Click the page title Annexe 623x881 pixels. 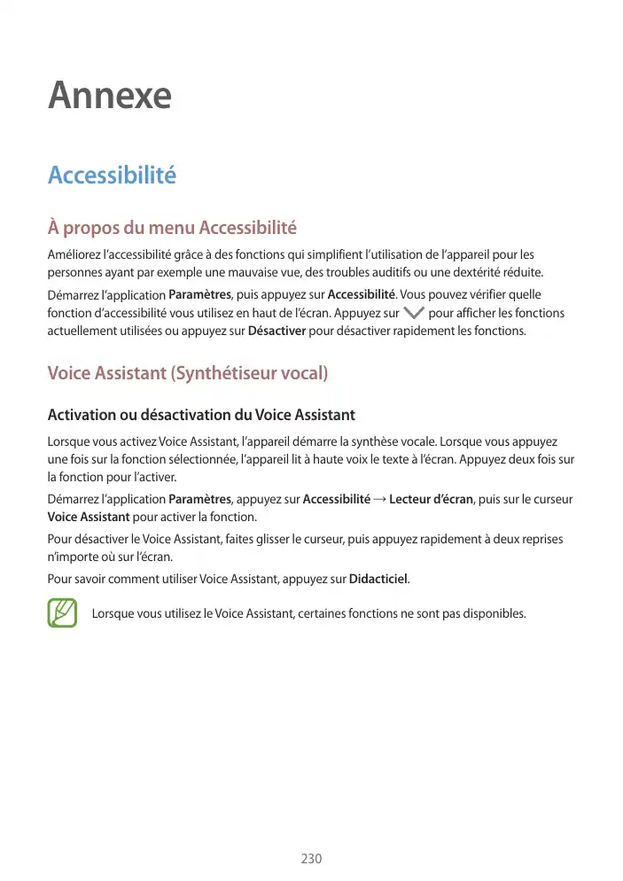(110, 95)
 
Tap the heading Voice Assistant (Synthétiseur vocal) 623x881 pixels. (188, 373)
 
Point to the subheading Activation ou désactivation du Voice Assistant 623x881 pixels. (201, 414)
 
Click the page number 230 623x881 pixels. (311, 859)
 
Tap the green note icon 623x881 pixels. (62, 613)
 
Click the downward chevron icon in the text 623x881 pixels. (413, 313)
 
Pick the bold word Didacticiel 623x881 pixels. (378, 579)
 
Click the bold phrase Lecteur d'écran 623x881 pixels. (431, 499)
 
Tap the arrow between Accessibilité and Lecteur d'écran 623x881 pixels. (380, 499)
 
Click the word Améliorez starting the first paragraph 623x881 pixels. (75, 254)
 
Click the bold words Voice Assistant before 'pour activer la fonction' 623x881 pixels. (89, 517)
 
